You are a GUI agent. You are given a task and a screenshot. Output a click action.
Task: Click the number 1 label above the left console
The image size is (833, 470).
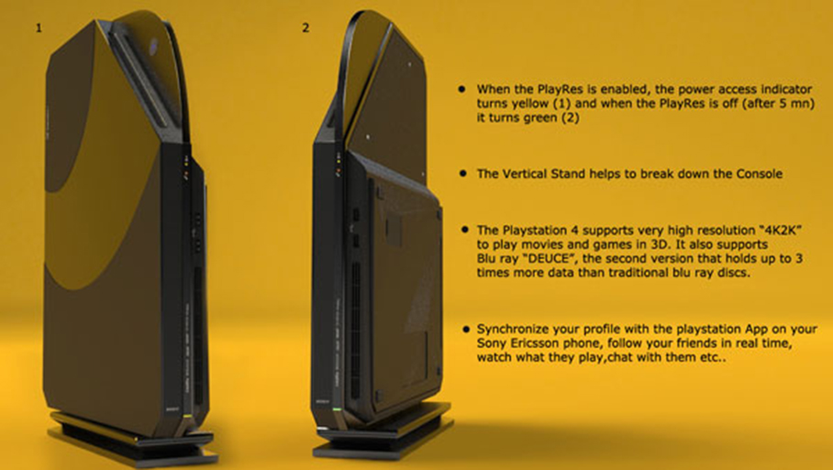coord(39,28)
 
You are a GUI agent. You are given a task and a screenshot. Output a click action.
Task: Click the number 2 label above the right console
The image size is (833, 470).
coord(305,28)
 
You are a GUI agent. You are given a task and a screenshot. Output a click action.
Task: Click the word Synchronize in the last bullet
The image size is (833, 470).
coord(512,330)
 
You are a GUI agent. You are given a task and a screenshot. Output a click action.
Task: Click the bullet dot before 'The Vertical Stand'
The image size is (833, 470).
coord(463,173)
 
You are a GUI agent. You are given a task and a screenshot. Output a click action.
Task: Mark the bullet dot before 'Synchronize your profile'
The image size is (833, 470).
coord(466,330)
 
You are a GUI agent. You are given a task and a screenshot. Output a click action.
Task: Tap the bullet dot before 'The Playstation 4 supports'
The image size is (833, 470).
coord(465,229)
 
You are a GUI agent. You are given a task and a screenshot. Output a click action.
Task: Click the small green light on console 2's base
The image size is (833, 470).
coord(336,409)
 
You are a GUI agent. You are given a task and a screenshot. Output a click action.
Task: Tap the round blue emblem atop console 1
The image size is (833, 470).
coord(153,43)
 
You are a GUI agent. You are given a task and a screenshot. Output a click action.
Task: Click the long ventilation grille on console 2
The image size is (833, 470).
coord(355,330)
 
